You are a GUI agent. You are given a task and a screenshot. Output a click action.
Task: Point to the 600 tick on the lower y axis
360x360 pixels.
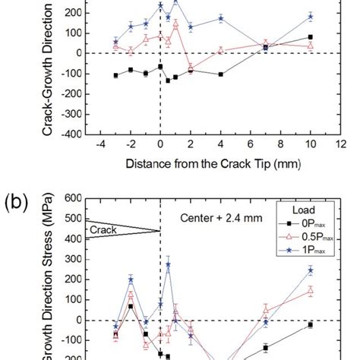(74, 199)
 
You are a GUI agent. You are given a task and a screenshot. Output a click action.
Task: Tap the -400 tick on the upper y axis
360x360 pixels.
(72, 134)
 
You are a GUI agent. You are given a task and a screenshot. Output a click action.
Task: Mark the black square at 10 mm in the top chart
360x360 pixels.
(310, 37)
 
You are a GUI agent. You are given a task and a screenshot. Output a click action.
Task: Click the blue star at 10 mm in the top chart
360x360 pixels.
(310, 16)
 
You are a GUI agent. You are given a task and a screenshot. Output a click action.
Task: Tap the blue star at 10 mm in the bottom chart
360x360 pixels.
(310, 270)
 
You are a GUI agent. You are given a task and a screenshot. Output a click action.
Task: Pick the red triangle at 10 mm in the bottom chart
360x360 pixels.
(310, 290)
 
